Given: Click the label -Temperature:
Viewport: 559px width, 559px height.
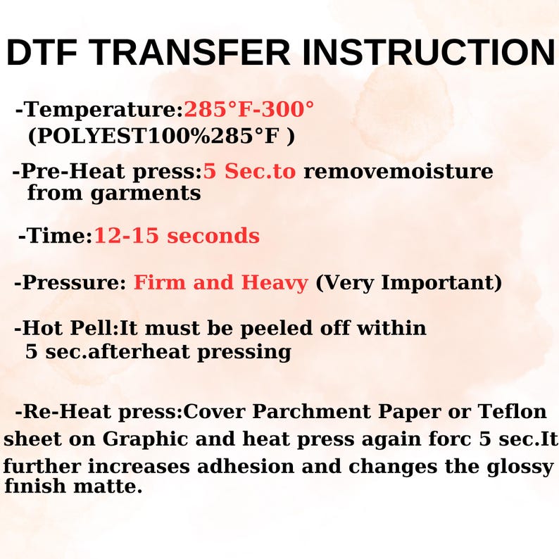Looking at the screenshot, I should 99,110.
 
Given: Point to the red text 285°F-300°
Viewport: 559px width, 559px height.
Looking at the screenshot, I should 249,110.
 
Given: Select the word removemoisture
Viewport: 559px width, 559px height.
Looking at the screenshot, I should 398,171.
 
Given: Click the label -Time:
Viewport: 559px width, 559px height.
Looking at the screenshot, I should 56,236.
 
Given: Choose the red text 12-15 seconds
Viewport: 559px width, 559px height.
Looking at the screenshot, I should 177,236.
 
